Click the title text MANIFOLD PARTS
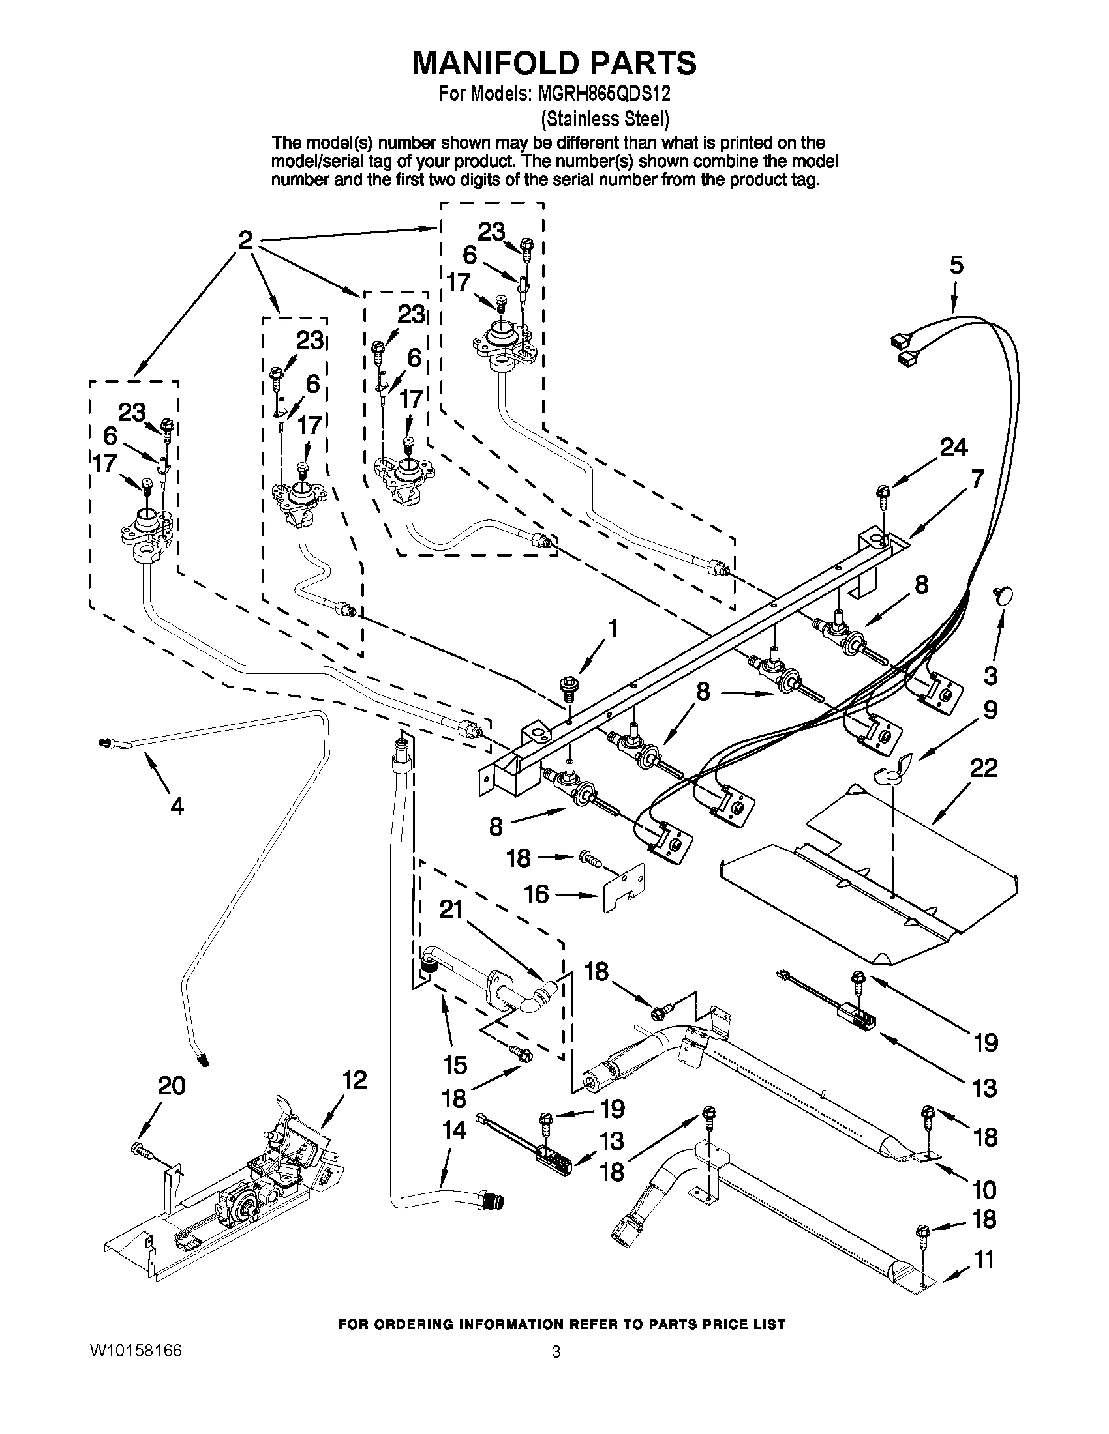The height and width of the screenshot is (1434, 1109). coord(554,64)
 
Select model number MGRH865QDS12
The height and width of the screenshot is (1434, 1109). coord(604,95)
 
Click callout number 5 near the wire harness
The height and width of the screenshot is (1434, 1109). coord(956,265)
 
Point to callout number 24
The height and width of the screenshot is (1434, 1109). coord(952,447)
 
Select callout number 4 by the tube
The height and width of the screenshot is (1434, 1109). coord(177,806)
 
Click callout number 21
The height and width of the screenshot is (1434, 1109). coord(451,909)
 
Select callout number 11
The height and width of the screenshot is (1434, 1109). coord(983,1260)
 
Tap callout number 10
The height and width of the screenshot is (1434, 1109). coord(983,1189)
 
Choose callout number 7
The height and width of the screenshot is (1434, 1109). coord(977,478)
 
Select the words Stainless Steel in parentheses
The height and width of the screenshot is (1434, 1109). coord(605,119)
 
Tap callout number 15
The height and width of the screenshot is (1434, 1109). coord(455,1064)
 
